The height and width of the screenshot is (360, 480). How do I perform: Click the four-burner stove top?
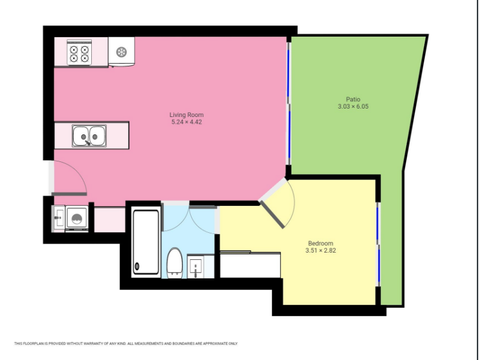click(79, 52)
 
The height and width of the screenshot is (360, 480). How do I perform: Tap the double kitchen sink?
click(89, 136)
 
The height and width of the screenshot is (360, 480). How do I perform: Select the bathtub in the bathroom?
click(146, 242)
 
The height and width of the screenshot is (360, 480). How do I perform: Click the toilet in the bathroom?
click(175, 263)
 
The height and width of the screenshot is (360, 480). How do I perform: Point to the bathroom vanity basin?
click(196, 266)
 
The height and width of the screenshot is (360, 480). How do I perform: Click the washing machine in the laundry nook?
click(77, 218)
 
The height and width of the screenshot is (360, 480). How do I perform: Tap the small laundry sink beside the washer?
click(59, 218)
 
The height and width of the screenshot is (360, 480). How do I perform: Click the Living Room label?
click(187, 115)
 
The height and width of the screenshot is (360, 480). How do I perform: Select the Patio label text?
click(353, 99)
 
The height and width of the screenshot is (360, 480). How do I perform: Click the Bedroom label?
click(320, 244)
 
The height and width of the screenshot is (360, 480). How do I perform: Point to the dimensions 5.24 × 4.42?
click(187, 122)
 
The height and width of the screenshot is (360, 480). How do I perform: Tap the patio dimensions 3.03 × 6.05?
click(353, 107)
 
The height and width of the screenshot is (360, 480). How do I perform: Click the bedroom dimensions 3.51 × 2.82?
click(320, 250)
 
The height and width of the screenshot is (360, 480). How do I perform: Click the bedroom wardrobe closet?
click(250, 265)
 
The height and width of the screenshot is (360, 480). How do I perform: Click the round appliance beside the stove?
click(121, 52)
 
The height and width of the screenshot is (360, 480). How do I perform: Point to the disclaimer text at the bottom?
click(126, 344)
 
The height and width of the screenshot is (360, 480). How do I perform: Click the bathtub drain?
click(137, 266)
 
